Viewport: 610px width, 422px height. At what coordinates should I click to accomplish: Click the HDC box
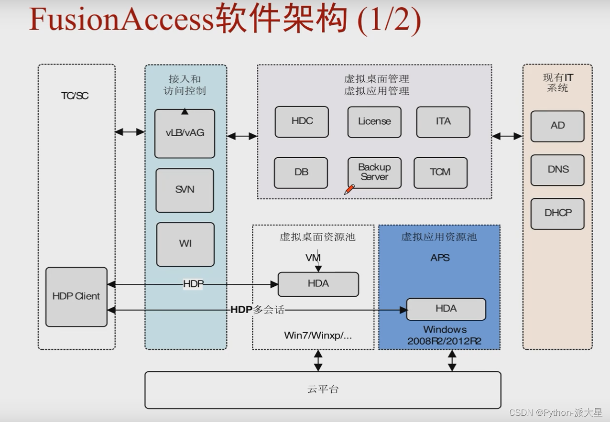(302, 121)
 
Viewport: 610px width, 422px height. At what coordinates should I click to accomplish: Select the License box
(374, 122)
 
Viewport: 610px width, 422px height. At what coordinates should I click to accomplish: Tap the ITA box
(443, 122)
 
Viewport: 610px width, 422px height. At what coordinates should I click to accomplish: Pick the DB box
(301, 173)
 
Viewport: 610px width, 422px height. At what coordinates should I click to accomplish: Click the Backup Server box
(374, 173)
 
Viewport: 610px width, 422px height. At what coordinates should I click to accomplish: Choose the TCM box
(440, 173)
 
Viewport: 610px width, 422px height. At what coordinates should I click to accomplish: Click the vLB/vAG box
(185, 133)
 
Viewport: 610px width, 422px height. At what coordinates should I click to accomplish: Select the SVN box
(185, 190)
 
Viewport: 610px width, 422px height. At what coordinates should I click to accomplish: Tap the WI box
(185, 244)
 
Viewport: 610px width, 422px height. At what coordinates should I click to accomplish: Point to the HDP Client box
(76, 296)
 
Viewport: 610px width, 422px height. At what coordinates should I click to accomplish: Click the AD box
(557, 126)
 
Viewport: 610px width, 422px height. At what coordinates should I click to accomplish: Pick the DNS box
(557, 170)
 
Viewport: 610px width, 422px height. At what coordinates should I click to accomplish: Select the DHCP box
(557, 213)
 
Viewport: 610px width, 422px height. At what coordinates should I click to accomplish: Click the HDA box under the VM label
(318, 284)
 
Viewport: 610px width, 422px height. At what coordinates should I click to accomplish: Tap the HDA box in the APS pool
(446, 309)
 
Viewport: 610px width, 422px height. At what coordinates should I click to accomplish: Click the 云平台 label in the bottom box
(323, 390)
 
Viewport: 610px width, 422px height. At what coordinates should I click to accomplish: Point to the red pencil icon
(349, 190)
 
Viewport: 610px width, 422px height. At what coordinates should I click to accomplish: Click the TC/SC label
(75, 96)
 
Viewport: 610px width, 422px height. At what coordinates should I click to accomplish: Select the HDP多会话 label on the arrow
(257, 310)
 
